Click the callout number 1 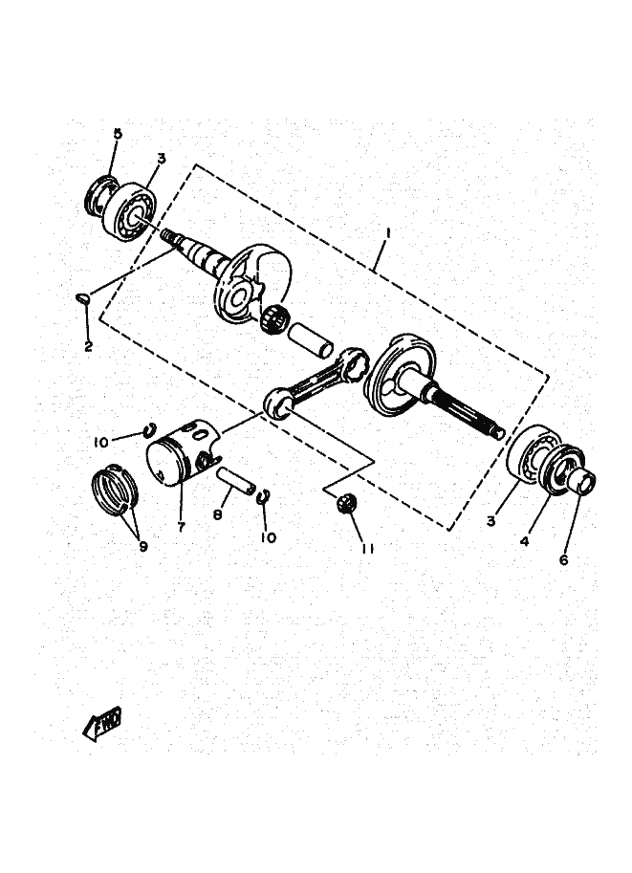389,232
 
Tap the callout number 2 88,346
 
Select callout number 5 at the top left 119,135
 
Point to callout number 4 525,541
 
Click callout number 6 564,560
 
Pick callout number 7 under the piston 182,525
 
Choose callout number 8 218,515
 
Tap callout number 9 143,548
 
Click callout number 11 366,547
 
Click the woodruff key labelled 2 83,298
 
